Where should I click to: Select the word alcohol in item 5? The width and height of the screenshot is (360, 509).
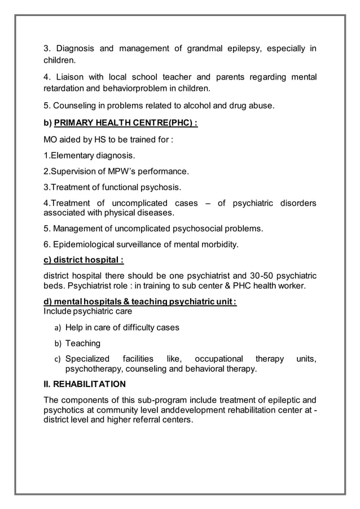[190, 106]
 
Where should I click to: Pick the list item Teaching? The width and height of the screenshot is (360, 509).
[82, 343]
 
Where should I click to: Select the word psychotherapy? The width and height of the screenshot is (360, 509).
[96, 369]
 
